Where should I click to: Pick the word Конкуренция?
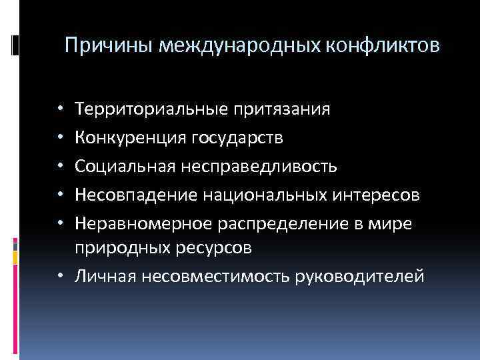(131, 137)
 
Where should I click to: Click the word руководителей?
(366, 275)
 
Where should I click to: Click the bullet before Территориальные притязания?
(60, 109)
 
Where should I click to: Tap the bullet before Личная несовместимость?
(60, 275)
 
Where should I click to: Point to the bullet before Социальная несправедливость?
(60, 166)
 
